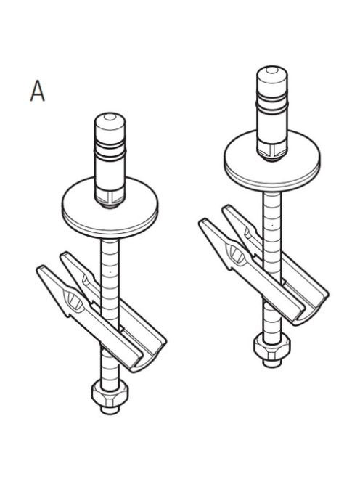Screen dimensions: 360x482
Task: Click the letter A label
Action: pyautogui.click(x=38, y=91)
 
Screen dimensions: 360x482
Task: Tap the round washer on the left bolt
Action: pyautogui.click(x=110, y=209)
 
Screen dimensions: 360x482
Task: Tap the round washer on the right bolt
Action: pyautogui.click(x=272, y=161)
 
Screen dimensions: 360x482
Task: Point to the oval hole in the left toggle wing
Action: pyautogui.click(x=73, y=299)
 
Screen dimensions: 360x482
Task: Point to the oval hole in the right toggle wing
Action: pyautogui.click(x=235, y=253)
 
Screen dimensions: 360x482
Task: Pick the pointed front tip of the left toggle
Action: pyautogui.click(x=38, y=269)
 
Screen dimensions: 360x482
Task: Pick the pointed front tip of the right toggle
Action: pyautogui.click(x=200, y=223)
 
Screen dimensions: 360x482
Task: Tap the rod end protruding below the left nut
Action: pyautogui.click(x=110, y=409)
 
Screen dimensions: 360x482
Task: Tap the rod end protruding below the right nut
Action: pyautogui.click(x=272, y=363)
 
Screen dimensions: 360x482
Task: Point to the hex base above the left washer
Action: pyautogui.click(x=110, y=198)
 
